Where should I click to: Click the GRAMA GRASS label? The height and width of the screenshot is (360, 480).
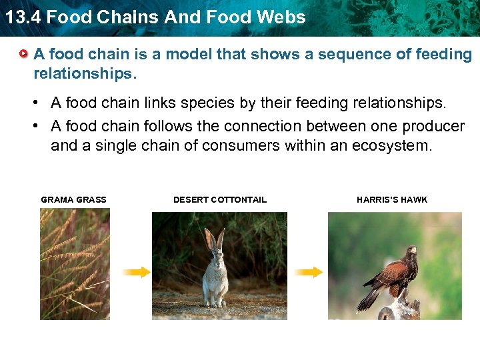click(73, 199)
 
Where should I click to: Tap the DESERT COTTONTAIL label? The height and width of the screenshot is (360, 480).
click(219, 199)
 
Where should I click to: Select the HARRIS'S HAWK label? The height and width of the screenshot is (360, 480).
click(392, 199)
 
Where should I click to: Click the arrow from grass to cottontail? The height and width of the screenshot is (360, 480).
click(137, 272)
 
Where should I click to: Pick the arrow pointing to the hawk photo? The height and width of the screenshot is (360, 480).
click(309, 272)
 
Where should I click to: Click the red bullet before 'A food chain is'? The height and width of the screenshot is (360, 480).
click(24, 53)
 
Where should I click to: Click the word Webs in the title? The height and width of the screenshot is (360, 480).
click(284, 17)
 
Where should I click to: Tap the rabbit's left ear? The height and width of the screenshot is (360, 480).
click(209, 239)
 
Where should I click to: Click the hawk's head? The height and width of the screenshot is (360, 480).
click(411, 251)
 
